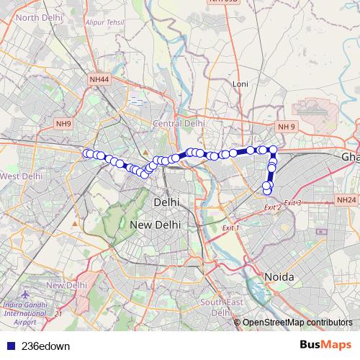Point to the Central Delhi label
click(179, 124)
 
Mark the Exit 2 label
click(272, 208)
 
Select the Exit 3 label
click(292, 203)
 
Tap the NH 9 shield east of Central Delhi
click(287, 127)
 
